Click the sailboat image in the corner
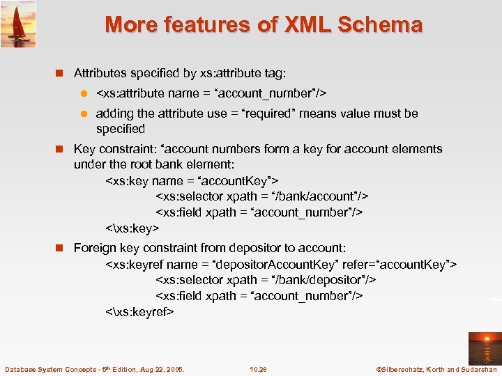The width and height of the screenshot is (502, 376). coord(18,24)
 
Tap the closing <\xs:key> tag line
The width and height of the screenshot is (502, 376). coord(132,228)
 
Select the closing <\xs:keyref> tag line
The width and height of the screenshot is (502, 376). coord(139,312)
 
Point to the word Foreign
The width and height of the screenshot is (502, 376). coord(96,248)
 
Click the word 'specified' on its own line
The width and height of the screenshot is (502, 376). coord(121,129)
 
